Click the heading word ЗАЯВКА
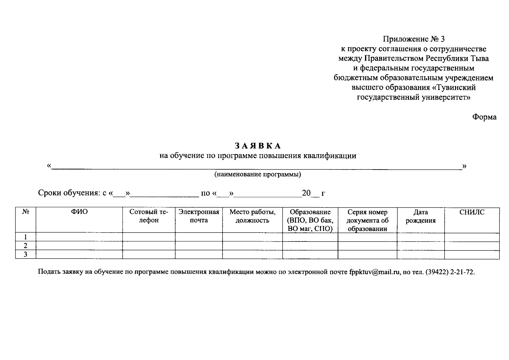pos(257,146)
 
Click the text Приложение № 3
pos(414,39)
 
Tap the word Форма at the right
pos(484,117)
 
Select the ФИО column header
pos(79,212)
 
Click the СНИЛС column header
pos(472,212)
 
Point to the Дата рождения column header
pos(421,216)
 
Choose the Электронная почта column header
pos(199,216)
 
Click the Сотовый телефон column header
pos(149,216)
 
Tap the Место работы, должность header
pos(252,216)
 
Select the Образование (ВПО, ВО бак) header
pos(310,220)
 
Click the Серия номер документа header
pos(367,220)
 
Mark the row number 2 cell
pos(25,246)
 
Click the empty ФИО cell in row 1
pos(79,237)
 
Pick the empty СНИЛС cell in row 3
pos(472,254)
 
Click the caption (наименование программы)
pos(257,174)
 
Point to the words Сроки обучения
pos(69,193)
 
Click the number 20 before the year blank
pos(306,193)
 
